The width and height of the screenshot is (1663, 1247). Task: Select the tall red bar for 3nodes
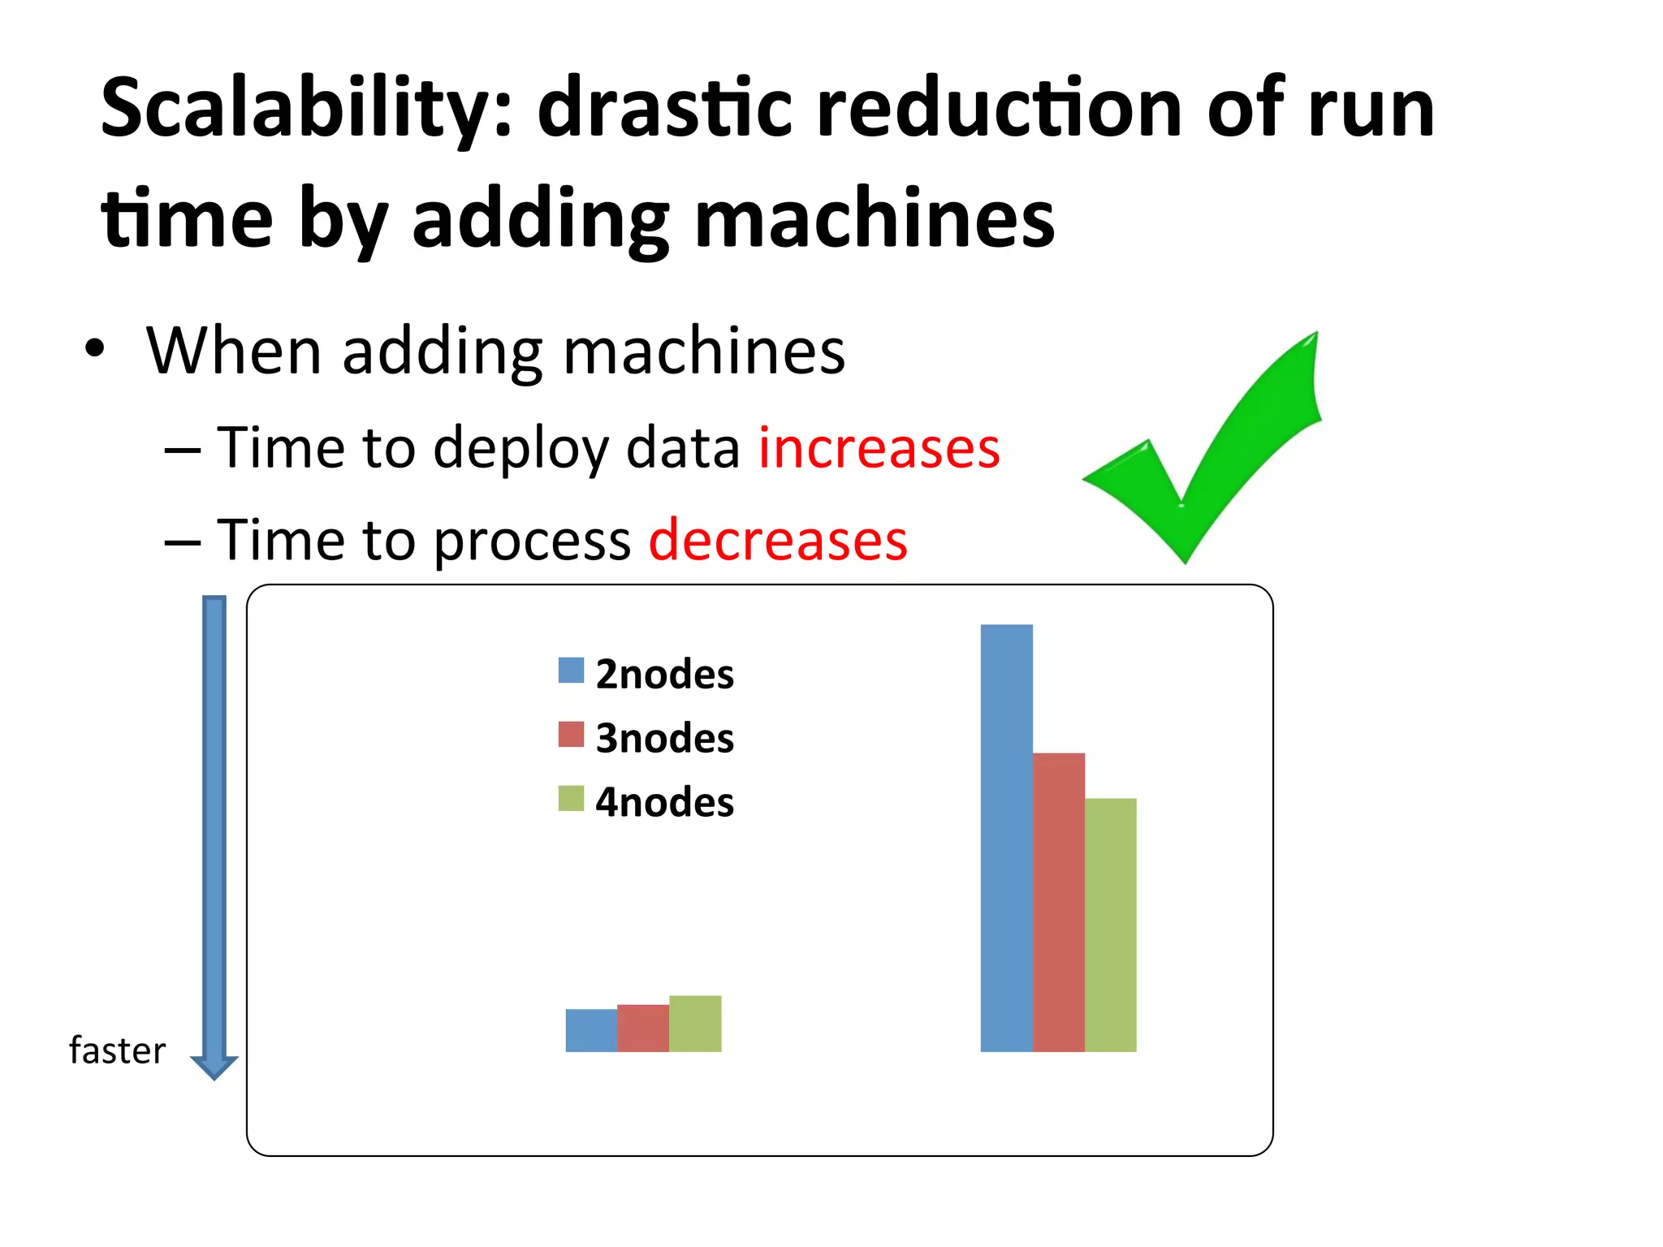click(x=1058, y=902)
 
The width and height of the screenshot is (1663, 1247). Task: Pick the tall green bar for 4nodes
click(x=1110, y=925)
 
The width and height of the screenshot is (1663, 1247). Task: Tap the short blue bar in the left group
click(x=591, y=1030)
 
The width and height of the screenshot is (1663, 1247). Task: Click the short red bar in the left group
click(x=643, y=1028)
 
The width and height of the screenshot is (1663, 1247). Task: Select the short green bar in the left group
click(x=695, y=1024)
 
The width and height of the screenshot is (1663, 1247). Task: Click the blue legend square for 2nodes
click(x=571, y=671)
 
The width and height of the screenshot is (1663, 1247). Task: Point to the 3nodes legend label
click(x=664, y=738)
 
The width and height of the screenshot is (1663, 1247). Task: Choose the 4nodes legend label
click(x=664, y=802)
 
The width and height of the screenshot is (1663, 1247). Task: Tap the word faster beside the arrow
click(x=118, y=1051)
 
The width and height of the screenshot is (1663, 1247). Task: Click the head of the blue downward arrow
click(x=214, y=1067)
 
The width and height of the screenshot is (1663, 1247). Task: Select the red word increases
click(x=879, y=448)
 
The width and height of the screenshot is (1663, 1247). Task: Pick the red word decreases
click(x=778, y=540)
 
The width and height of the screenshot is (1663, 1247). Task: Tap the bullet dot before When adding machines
click(x=95, y=349)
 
